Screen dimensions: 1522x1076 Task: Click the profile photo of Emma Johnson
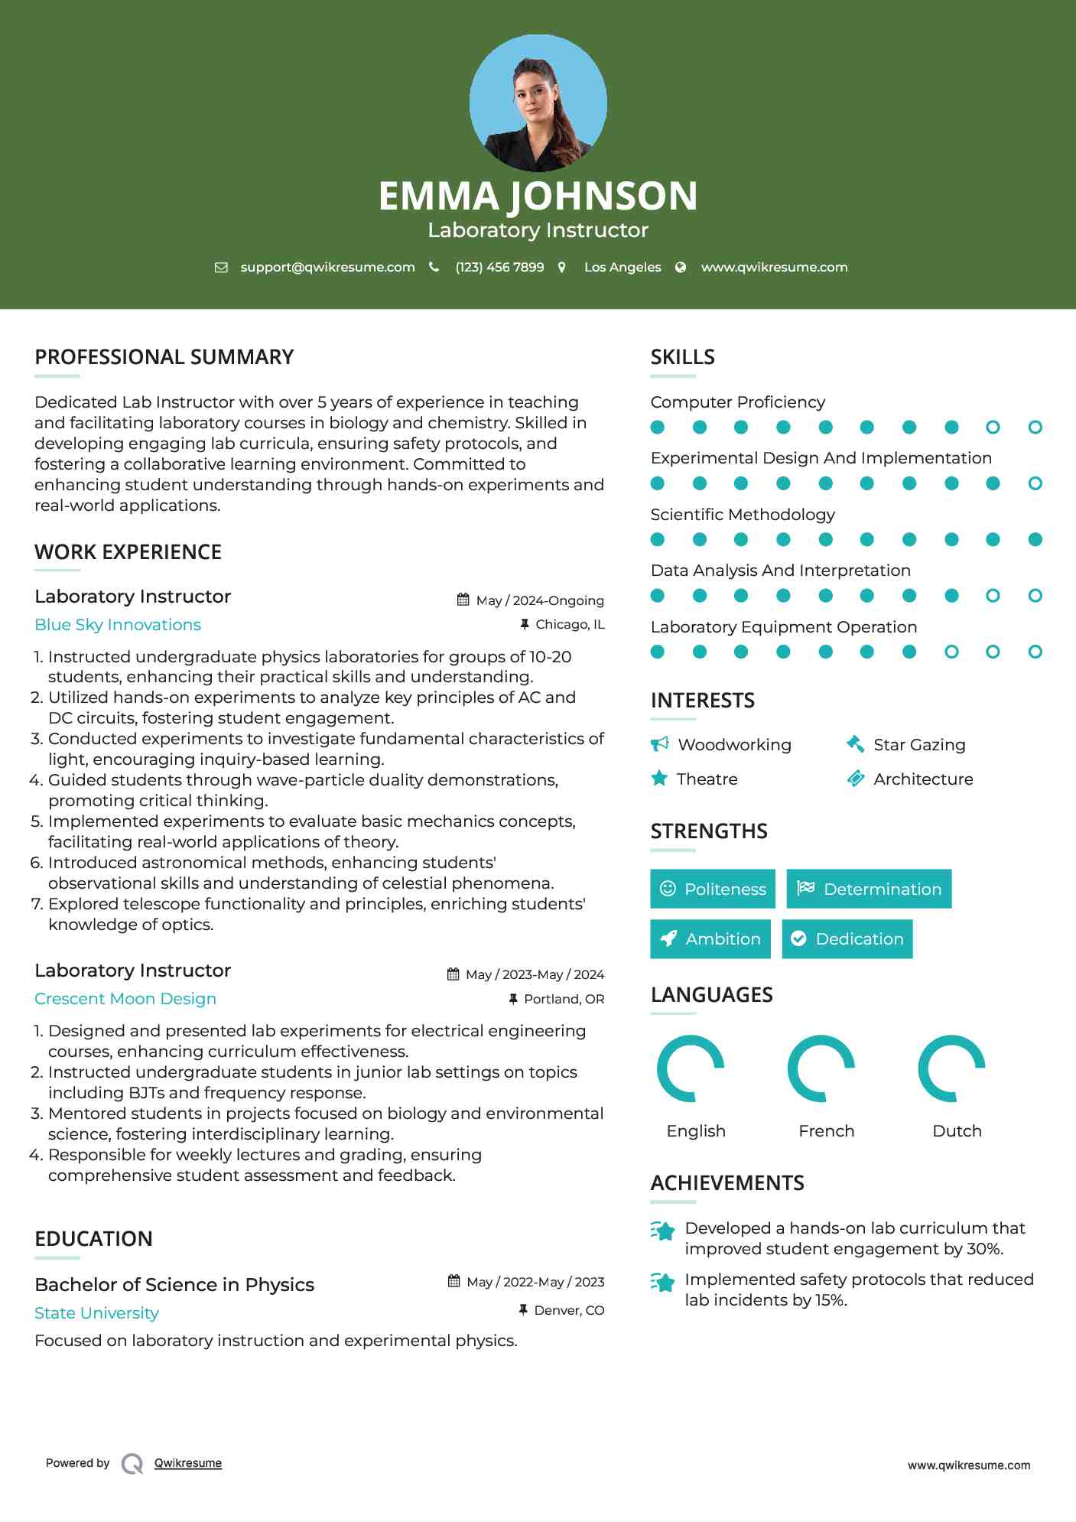538,103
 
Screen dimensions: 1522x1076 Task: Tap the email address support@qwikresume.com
327,267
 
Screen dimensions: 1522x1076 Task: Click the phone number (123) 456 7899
499,267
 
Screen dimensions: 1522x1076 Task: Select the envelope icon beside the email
221,267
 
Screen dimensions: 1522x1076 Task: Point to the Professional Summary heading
164,357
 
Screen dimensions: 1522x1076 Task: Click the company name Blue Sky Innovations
118,625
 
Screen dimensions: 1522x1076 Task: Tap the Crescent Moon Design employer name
125,999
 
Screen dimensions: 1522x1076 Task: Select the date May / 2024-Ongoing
539,600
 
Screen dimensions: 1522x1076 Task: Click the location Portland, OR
564,999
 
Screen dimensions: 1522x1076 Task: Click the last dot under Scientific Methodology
1035,540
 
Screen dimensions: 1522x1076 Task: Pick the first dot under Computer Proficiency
658,428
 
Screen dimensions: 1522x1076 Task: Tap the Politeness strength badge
713,889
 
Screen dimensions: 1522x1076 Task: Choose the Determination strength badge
869,889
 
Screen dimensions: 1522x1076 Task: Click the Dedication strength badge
847,938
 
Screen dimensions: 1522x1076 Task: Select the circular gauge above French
821,1068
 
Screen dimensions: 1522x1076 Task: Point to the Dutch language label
957,1130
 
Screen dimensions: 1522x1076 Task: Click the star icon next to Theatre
659,779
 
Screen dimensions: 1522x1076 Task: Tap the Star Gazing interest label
919,744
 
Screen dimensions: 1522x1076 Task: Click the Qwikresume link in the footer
188,1463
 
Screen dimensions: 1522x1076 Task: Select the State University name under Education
96,1313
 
